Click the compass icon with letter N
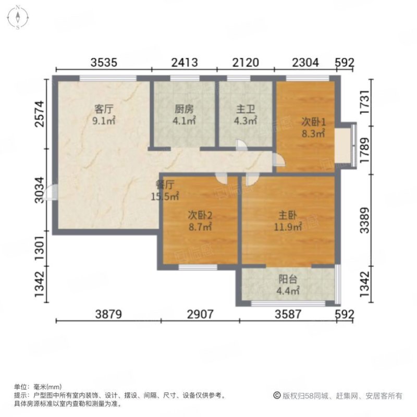[18, 17]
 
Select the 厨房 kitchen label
[184, 109]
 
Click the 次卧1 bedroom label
[314, 122]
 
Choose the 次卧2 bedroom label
[200, 215]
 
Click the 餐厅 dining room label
[164, 185]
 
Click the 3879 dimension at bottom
[108, 314]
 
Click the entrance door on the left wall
[51, 193]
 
